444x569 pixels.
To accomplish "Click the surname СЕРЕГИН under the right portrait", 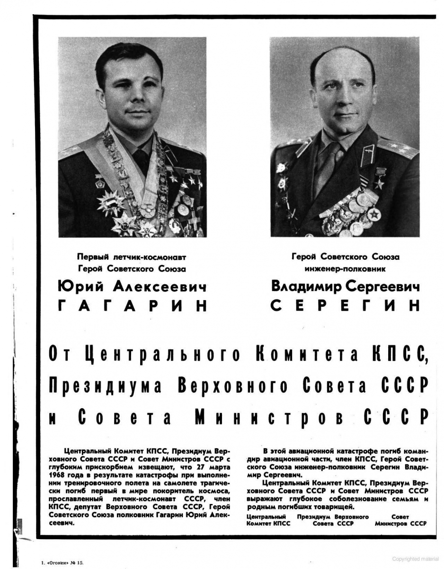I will (x=345, y=305).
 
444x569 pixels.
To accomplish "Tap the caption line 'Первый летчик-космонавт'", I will (x=132, y=257).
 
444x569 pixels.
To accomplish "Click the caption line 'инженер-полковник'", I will (x=345, y=268).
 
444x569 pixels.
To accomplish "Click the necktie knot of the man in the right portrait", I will (x=334, y=150).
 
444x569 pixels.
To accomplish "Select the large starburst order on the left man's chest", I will (x=111, y=202).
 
